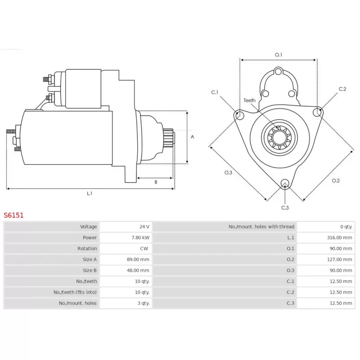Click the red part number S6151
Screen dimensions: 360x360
coord(14,215)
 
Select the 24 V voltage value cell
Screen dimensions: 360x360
coord(144,226)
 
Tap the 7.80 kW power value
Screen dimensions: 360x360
coord(141,237)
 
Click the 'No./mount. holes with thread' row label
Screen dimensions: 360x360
coord(261,226)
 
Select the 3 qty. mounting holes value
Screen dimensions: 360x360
coord(143,303)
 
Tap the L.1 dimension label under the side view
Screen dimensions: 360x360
coord(90,193)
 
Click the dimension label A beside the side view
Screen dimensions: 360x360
coord(192,137)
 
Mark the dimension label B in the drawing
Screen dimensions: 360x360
coord(156,182)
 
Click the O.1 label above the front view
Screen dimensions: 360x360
coord(279,55)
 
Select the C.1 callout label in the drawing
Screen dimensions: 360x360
coord(215,92)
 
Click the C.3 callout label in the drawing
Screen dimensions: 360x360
coord(285,207)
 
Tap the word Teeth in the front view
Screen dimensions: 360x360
coord(249,100)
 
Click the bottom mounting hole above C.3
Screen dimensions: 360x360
coord(284,183)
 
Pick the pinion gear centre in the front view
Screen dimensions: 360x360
coord(278,135)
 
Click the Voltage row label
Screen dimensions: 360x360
coord(89,226)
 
